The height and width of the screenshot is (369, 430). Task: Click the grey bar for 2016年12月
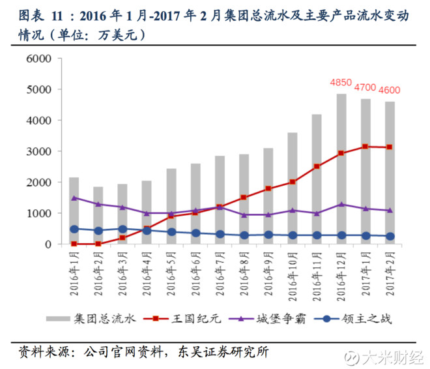(341, 169)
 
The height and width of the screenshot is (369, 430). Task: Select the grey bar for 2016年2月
(98, 215)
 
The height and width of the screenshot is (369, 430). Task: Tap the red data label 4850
(341, 83)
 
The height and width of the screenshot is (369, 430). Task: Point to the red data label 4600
(390, 91)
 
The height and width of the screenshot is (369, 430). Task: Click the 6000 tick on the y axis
(38, 59)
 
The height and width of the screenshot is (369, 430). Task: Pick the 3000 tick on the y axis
(38, 151)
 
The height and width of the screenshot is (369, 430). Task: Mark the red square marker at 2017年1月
(365, 147)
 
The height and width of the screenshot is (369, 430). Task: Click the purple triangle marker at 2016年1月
(74, 198)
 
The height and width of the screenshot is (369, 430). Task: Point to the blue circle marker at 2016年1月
(74, 229)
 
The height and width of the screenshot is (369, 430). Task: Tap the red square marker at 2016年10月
(293, 182)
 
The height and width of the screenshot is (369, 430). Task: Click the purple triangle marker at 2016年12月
(341, 204)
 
